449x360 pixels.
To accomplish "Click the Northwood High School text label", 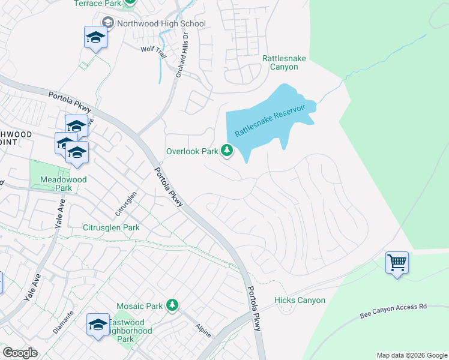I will pos(161,23).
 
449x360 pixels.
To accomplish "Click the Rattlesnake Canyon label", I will pos(280,62).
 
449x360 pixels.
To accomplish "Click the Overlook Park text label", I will pos(192,151).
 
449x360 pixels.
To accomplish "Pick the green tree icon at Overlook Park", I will pos(227,151).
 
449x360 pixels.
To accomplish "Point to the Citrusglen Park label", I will pos(111,227).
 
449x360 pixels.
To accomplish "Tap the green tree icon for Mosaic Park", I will pos(172,305).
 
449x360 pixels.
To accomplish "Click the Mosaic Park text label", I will pos(139,306).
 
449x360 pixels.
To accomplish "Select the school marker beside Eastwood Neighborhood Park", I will pos(97,325).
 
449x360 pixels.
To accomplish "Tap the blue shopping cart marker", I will pos(397,262).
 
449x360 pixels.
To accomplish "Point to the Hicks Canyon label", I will pos(300,300).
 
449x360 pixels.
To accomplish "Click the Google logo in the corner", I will pos(20,353).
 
